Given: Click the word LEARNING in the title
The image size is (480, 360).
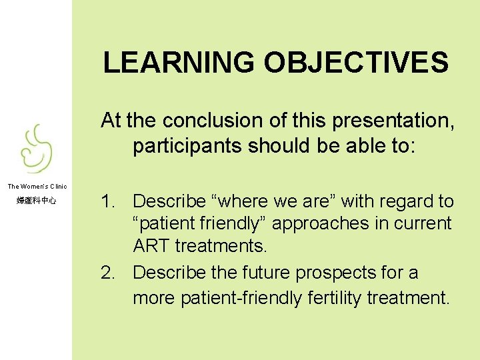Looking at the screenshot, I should pyautogui.click(x=180, y=63).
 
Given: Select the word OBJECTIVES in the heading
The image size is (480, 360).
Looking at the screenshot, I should pyautogui.click(x=357, y=63).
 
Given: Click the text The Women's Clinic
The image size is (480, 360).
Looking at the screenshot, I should pyautogui.click(x=37, y=186).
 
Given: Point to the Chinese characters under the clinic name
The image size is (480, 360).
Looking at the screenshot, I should pyautogui.click(x=37, y=201).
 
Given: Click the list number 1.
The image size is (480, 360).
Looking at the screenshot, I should pyautogui.click(x=108, y=201).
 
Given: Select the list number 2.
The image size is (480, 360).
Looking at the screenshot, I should pyautogui.click(x=108, y=273).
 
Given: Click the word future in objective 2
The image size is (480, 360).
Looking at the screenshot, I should pyautogui.click(x=264, y=273).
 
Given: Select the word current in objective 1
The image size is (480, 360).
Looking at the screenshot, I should pyautogui.click(x=427, y=224).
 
